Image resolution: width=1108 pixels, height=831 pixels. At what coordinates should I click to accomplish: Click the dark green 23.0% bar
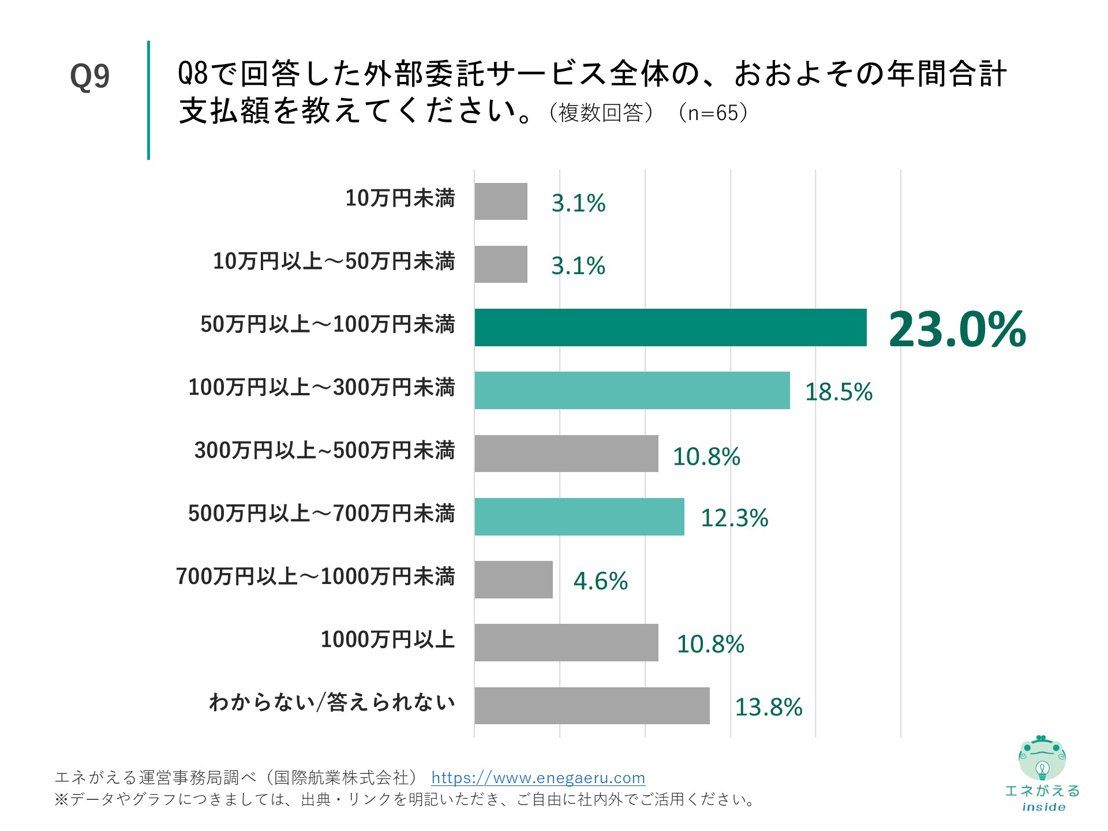click(671, 328)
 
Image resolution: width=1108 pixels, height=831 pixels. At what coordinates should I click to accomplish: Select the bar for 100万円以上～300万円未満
click(632, 391)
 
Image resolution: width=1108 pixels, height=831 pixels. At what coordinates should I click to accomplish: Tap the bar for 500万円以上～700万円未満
click(579, 517)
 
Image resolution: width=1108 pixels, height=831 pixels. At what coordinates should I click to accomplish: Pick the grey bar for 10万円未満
click(501, 201)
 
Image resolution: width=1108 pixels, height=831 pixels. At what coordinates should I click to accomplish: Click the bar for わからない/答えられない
click(592, 706)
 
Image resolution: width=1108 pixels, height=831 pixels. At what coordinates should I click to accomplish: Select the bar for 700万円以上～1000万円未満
click(514, 580)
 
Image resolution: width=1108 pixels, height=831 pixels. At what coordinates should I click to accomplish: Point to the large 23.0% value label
click(957, 330)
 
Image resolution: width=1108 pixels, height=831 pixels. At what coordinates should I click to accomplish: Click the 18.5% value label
click(839, 392)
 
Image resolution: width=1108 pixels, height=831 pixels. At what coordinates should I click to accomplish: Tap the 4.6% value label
click(600, 581)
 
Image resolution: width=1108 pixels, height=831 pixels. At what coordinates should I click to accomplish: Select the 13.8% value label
click(769, 708)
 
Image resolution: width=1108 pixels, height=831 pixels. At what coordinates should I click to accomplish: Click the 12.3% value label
click(734, 518)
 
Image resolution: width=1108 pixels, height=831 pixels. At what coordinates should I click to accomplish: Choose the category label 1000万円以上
click(388, 640)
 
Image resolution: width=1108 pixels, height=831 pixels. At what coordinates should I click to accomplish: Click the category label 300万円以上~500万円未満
click(324, 451)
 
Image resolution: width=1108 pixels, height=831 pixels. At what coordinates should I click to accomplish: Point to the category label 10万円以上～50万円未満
click(334, 261)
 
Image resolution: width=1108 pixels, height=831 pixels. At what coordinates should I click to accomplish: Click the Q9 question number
click(89, 76)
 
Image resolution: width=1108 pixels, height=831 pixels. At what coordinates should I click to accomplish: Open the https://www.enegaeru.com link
click(538, 778)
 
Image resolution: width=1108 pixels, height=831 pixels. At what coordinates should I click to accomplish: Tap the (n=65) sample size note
click(713, 113)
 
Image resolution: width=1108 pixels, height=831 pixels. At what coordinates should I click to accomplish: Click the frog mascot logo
click(1042, 759)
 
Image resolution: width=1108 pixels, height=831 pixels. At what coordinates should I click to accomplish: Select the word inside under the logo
click(1043, 807)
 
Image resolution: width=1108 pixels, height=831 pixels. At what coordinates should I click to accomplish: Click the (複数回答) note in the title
click(601, 113)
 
